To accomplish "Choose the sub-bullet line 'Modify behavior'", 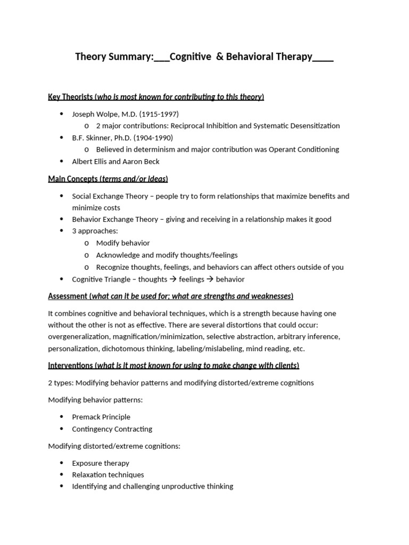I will click(x=123, y=243).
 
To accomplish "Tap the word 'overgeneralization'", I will click(x=78, y=336).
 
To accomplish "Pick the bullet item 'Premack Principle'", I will click(x=101, y=417).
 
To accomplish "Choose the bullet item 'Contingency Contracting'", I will click(x=112, y=428).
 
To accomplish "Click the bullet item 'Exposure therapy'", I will click(x=101, y=463).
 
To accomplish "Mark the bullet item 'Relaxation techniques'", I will click(x=108, y=475).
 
